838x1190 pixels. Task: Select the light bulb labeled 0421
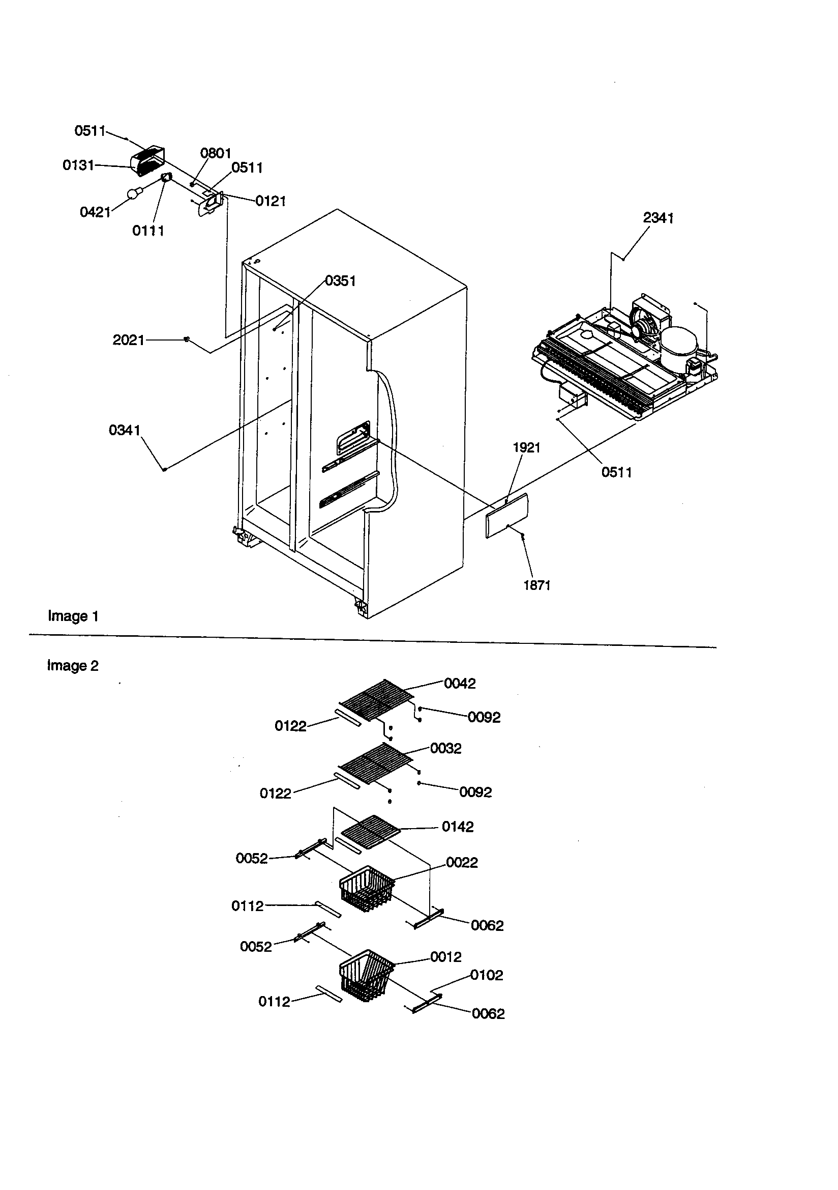pyautogui.click(x=133, y=194)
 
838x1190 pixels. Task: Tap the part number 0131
pyautogui.click(x=78, y=165)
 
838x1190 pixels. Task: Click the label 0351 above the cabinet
pyautogui.click(x=340, y=281)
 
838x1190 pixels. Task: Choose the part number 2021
pyautogui.click(x=129, y=340)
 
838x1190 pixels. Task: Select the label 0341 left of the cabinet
pyautogui.click(x=124, y=430)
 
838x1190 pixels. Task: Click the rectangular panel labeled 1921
pyautogui.click(x=507, y=516)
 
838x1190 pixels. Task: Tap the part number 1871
pyautogui.click(x=536, y=585)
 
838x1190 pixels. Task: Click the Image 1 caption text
pyautogui.click(x=73, y=616)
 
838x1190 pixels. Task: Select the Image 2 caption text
pyautogui.click(x=73, y=665)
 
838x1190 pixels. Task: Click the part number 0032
pyautogui.click(x=445, y=748)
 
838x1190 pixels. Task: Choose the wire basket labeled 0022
pyautogui.click(x=366, y=888)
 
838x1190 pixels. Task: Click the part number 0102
pyautogui.click(x=486, y=975)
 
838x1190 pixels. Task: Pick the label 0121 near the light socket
pyautogui.click(x=271, y=201)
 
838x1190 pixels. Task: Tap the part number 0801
pyautogui.click(x=216, y=153)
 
